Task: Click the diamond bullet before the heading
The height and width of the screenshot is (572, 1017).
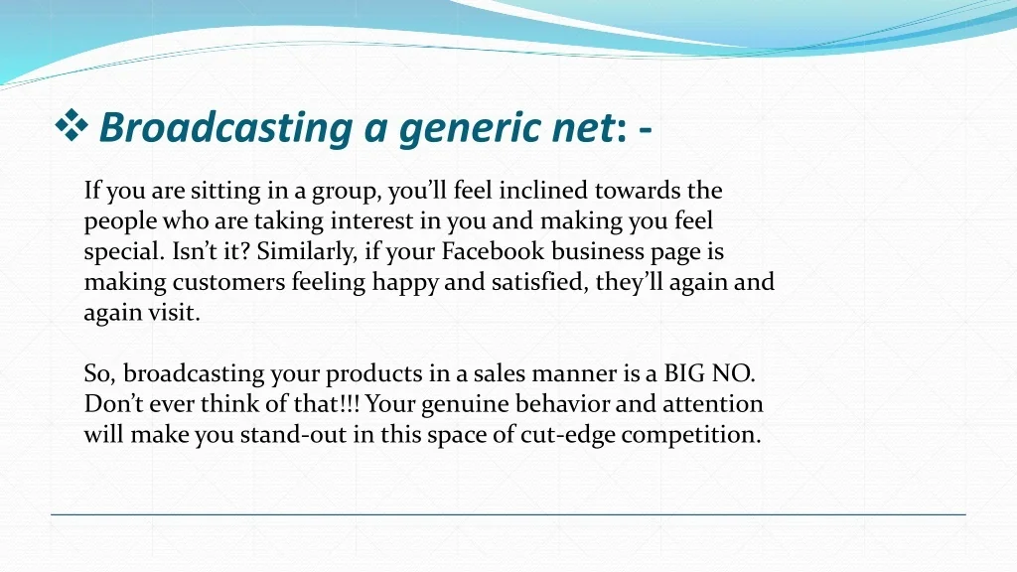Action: click(72, 126)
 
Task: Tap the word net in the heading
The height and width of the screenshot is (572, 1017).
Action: click(582, 128)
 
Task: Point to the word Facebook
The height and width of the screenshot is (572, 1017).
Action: click(493, 251)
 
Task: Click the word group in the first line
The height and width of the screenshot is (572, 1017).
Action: click(345, 192)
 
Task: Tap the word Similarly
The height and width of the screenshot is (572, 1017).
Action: click(307, 252)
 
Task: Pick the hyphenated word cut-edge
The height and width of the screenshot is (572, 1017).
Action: click(567, 435)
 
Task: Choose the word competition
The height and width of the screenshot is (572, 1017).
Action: click(691, 435)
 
